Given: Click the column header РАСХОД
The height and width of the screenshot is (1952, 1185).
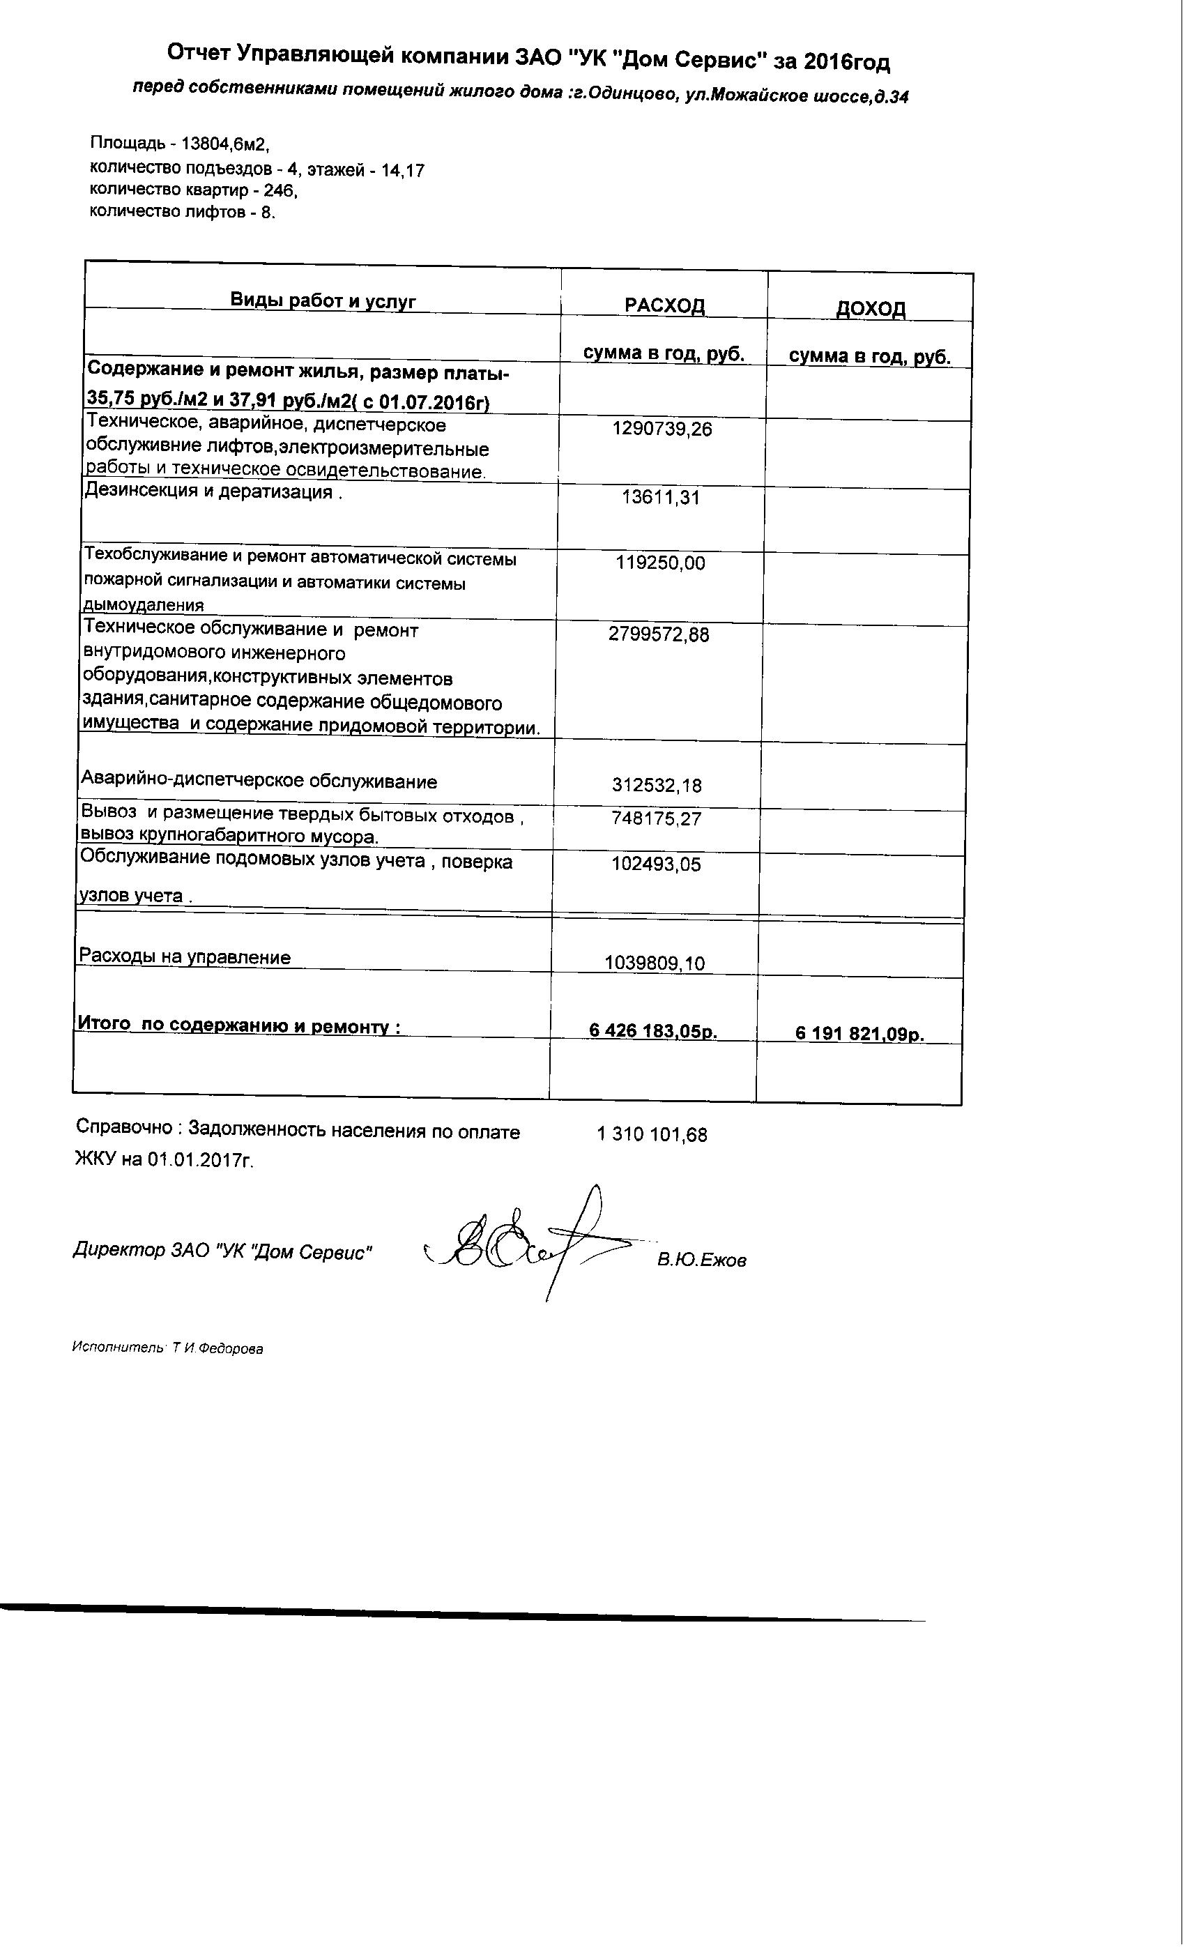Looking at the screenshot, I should pyautogui.click(x=664, y=305).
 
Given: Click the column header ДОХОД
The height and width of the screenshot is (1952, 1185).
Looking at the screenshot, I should pyautogui.click(x=870, y=308).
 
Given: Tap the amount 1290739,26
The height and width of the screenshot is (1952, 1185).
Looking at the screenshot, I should pyautogui.click(x=662, y=429).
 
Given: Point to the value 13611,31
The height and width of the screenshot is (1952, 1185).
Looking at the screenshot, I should pyautogui.click(x=661, y=498).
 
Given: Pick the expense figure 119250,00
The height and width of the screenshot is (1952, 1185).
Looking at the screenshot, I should pyautogui.click(x=660, y=563).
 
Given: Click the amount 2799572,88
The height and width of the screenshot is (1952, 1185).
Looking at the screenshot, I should pyautogui.click(x=658, y=634).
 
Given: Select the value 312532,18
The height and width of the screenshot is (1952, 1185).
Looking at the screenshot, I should pyautogui.click(x=657, y=785).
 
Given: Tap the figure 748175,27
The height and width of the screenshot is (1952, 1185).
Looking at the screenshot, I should pyautogui.click(x=656, y=818).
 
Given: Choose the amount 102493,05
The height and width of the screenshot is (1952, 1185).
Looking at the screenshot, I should pyautogui.click(x=656, y=864).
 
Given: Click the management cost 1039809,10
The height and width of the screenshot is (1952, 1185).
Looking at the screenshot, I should pyautogui.click(x=655, y=963).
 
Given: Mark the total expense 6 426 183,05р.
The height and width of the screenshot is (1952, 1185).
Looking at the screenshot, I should pyautogui.click(x=652, y=1030).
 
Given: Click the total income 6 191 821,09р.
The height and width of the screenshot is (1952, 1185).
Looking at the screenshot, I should pyautogui.click(x=859, y=1034).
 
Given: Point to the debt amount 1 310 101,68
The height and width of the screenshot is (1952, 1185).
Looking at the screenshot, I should pyautogui.click(x=651, y=1134).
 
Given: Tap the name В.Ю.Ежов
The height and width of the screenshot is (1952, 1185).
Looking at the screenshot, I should pyautogui.click(x=701, y=1260).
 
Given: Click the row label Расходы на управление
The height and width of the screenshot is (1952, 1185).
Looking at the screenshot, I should pyautogui.click(x=185, y=956).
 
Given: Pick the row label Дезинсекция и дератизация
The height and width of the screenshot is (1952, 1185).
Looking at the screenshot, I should pyautogui.click(x=208, y=491).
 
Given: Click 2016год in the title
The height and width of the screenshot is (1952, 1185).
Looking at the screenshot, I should pyautogui.click(x=846, y=62).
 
